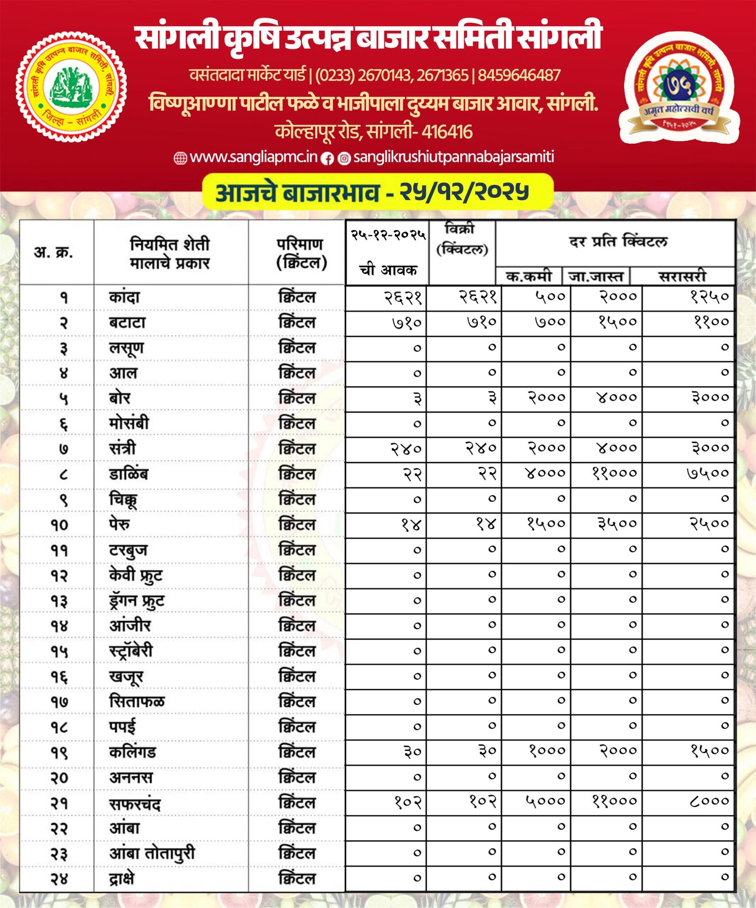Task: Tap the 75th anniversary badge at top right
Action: (x=679, y=88)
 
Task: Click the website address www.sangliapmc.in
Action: (x=253, y=157)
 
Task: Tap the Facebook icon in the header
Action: (x=327, y=159)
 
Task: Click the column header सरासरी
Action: (x=682, y=276)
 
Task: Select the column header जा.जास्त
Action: (x=596, y=276)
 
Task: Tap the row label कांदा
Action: (x=124, y=297)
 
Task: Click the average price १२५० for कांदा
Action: (x=709, y=297)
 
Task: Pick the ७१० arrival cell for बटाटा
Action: (x=407, y=323)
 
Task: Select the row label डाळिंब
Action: (x=129, y=473)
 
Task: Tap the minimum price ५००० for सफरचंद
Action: (x=545, y=801)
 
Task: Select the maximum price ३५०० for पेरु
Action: (x=617, y=523)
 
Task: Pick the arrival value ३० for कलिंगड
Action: (x=412, y=751)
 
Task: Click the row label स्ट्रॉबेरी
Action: (x=131, y=651)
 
